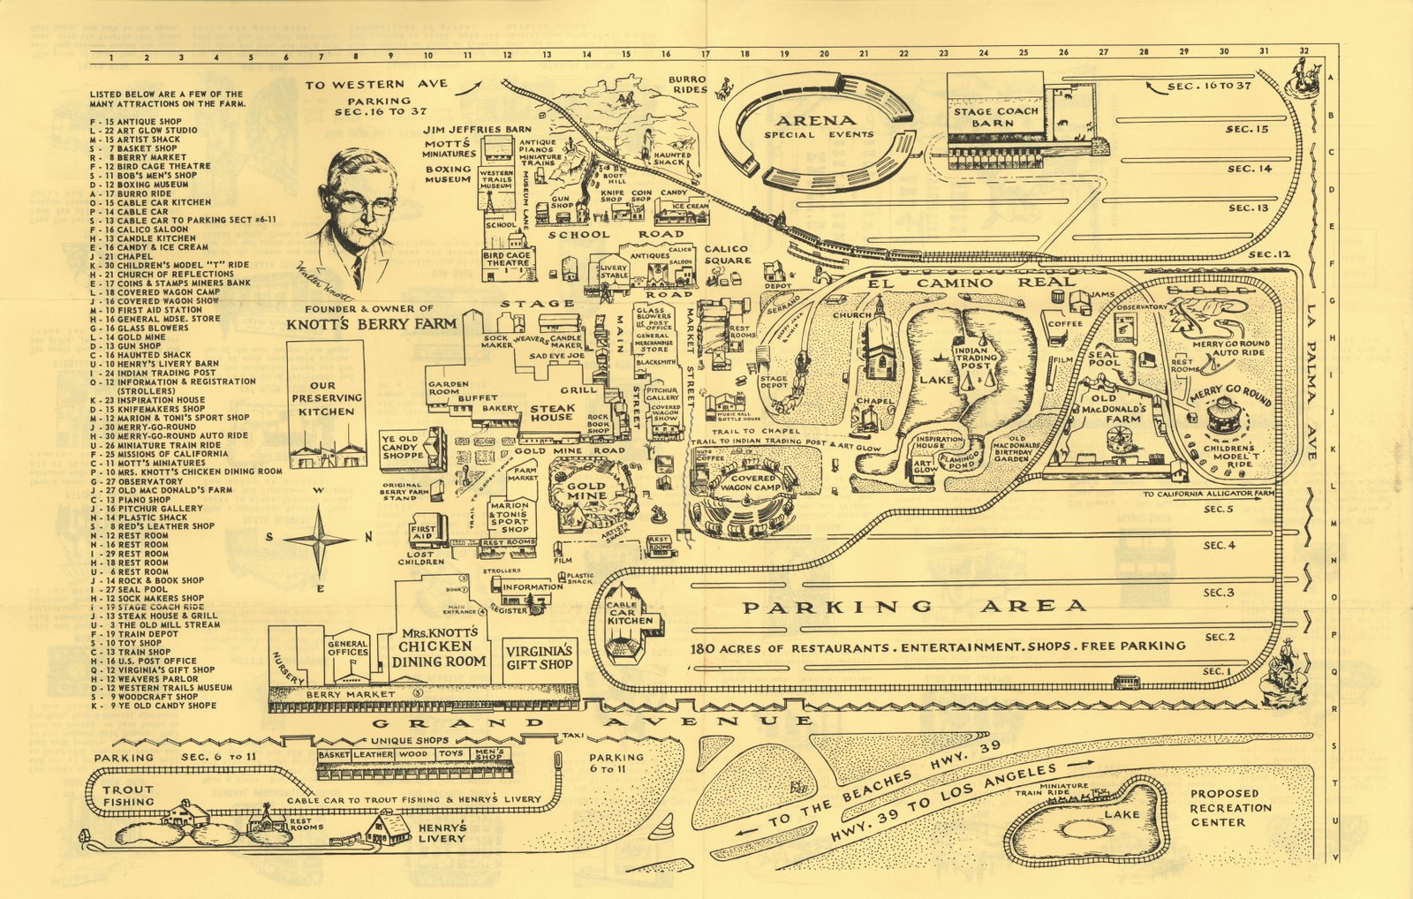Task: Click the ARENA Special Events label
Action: [x=818, y=126]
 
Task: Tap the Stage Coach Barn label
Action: [x=995, y=117]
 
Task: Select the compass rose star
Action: [x=320, y=537]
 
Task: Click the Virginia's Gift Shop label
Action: [x=540, y=657]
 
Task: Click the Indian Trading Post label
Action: [x=976, y=359]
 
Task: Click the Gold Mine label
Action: [x=586, y=490]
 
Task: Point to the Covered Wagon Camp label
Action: [x=752, y=483]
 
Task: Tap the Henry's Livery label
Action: [x=442, y=833]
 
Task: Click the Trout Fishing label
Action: [x=128, y=796]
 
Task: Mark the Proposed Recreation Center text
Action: [x=1230, y=807]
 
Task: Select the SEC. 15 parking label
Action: [x=1247, y=129]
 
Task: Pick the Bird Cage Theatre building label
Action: [x=507, y=258]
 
